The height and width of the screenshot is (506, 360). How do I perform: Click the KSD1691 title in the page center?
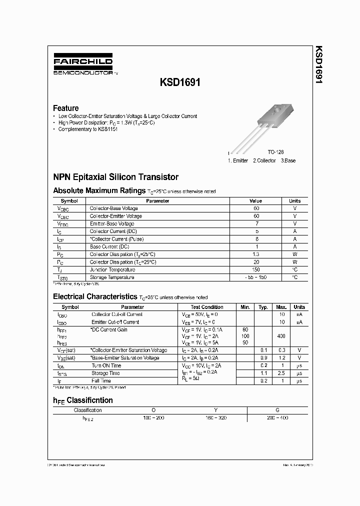(180, 83)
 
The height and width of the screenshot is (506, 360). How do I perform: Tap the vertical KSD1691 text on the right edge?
(318, 65)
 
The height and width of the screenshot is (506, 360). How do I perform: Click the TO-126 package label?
(275, 151)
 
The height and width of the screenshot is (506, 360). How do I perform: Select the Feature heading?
(65, 108)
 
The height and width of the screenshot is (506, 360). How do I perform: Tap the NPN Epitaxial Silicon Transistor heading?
(115, 177)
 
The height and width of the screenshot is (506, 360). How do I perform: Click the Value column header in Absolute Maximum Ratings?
(255, 201)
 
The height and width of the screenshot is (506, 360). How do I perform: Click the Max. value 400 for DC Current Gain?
(281, 336)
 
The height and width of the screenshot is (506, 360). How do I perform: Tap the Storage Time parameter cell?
(105, 373)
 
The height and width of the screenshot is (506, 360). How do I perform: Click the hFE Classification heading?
(83, 400)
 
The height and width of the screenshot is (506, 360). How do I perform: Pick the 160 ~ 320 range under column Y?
(215, 417)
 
